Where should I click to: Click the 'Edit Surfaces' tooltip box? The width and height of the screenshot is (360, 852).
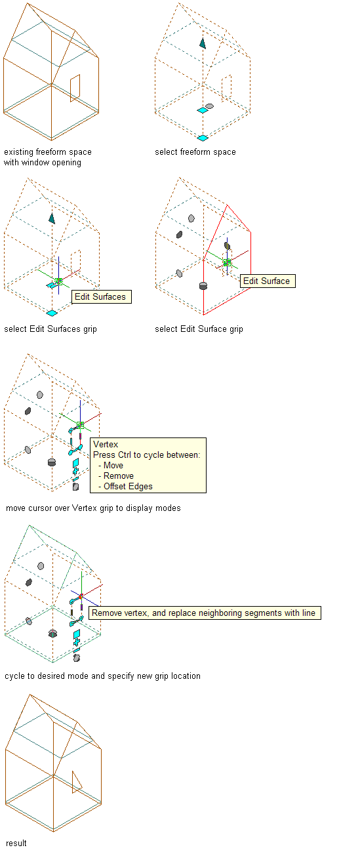(x=102, y=296)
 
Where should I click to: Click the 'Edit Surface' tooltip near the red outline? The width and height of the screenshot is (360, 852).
(x=268, y=281)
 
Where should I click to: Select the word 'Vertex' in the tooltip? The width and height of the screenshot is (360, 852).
(x=106, y=444)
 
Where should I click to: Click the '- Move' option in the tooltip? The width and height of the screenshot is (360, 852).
(x=111, y=465)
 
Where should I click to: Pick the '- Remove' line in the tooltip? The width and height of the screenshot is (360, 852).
(x=116, y=476)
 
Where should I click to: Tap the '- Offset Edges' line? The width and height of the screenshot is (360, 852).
(x=125, y=487)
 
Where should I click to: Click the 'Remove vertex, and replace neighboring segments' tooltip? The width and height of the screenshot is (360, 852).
(x=205, y=613)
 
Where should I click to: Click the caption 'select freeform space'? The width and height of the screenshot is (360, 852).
(x=195, y=152)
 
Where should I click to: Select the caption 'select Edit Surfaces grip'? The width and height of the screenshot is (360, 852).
(x=50, y=329)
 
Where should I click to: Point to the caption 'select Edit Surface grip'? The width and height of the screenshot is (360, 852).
(x=199, y=329)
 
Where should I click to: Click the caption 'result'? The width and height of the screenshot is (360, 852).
(x=16, y=843)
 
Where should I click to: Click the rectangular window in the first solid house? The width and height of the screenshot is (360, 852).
(x=75, y=89)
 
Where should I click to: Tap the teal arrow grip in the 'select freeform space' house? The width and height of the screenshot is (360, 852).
(x=203, y=43)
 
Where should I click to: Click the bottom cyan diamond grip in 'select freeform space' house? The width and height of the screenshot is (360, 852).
(x=203, y=138)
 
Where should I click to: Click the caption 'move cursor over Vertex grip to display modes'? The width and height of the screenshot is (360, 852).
(x=93, y=508)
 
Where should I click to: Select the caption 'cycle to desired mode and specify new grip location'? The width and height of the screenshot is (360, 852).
(x=103, y=676)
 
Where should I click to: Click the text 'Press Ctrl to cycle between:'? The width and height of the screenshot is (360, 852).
(x=147, y=455)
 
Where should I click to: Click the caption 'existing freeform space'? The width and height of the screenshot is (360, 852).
(x=48, y=152)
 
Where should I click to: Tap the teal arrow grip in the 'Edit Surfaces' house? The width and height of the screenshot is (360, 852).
(x=52, y=218)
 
